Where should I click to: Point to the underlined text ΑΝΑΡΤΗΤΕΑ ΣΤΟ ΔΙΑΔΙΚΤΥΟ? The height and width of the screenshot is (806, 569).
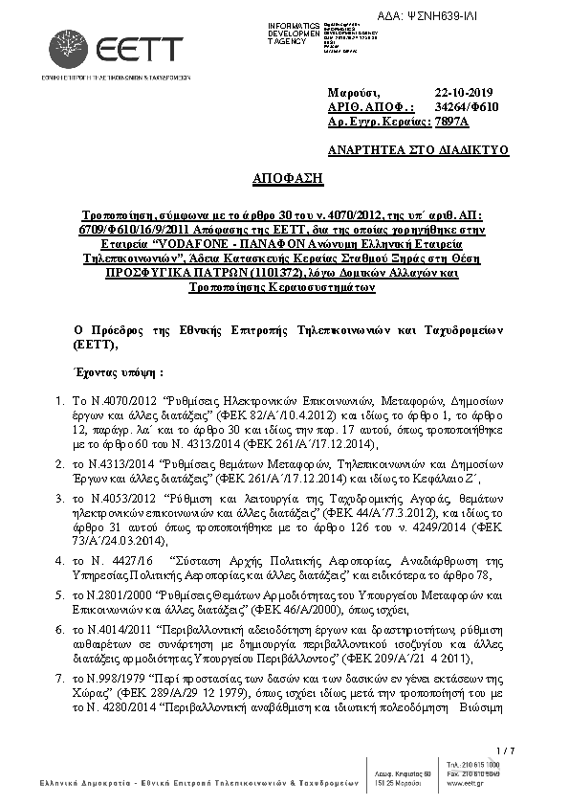[x=418, y=150]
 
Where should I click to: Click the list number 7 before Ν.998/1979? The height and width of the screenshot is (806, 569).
[x=59, y=678]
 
